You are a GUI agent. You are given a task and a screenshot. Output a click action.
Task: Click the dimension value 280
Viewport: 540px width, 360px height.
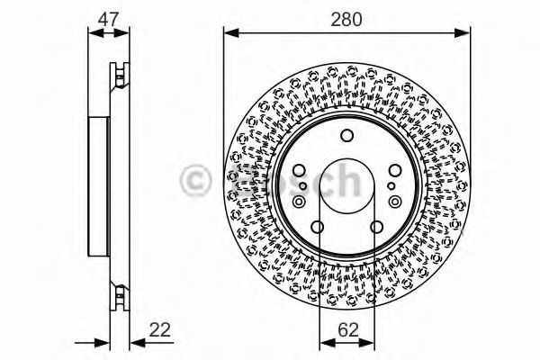346,17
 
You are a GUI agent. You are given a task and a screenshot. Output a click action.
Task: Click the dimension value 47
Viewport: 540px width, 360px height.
107,17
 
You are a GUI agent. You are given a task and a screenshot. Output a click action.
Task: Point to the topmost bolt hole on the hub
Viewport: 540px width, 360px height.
346,136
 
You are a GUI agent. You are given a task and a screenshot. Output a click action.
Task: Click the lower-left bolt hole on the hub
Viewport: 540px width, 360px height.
318,225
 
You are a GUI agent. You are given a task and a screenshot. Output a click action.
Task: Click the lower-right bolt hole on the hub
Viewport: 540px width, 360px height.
375,225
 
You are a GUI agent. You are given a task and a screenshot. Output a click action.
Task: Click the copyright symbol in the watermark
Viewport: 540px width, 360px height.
194,181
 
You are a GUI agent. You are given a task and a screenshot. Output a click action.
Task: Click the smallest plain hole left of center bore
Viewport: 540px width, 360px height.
303,186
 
